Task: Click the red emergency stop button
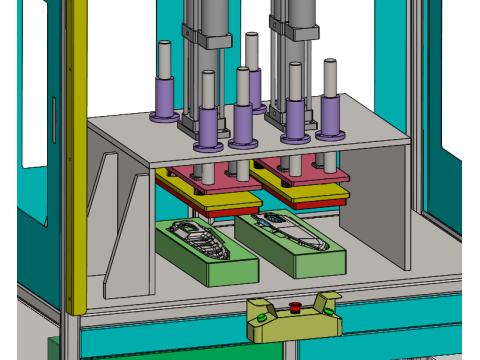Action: (x=295, y=307)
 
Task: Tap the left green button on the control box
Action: (x=262, y=318)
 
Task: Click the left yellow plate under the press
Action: (x=205, y=201)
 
